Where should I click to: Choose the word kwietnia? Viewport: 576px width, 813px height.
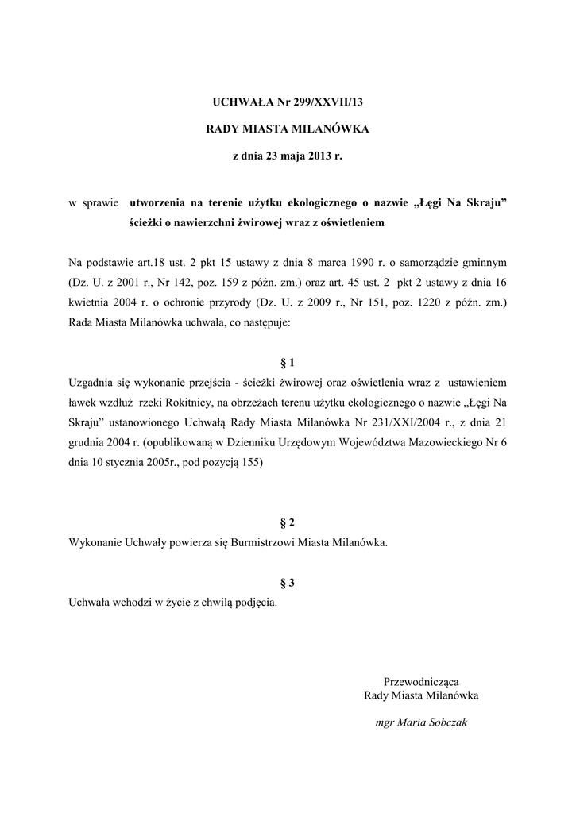tap(90, 303)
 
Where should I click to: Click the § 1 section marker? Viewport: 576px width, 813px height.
tap(288, 363)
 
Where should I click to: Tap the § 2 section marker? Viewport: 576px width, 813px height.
tap(288, 522)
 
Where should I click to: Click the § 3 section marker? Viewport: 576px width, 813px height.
tap(288, 583)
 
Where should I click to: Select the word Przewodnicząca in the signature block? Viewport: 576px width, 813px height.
tap(421, 681)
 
